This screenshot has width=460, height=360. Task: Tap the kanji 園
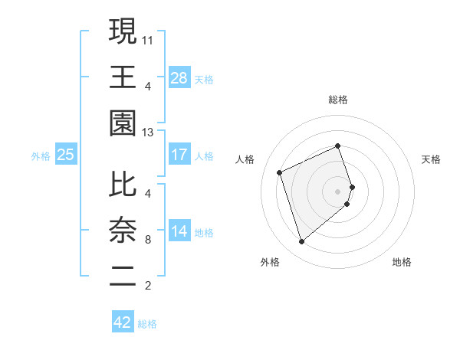click(123, 123)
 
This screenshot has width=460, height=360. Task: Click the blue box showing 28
click(179, 77)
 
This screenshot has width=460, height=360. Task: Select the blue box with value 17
click(179, 155)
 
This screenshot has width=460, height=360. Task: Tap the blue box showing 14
click(179, 231)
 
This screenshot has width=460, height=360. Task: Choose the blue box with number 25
click(66, 155)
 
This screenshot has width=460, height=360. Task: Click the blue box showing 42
click(123, 322)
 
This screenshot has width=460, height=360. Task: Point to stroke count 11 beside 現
click(149, 39)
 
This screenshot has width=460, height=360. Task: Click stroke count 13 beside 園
click(149, 132)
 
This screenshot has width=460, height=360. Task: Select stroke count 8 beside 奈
click(147, 240)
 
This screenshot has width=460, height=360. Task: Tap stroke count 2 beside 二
click(147, 286)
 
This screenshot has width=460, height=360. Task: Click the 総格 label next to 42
click(147, 324)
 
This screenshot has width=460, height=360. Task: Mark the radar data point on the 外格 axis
click(301, 242)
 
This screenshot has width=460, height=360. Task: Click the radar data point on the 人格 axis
click(280, 172)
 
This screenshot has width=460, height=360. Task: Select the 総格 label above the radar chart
click(338, 100)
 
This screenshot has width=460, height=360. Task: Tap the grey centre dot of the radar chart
click(338, 191)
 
